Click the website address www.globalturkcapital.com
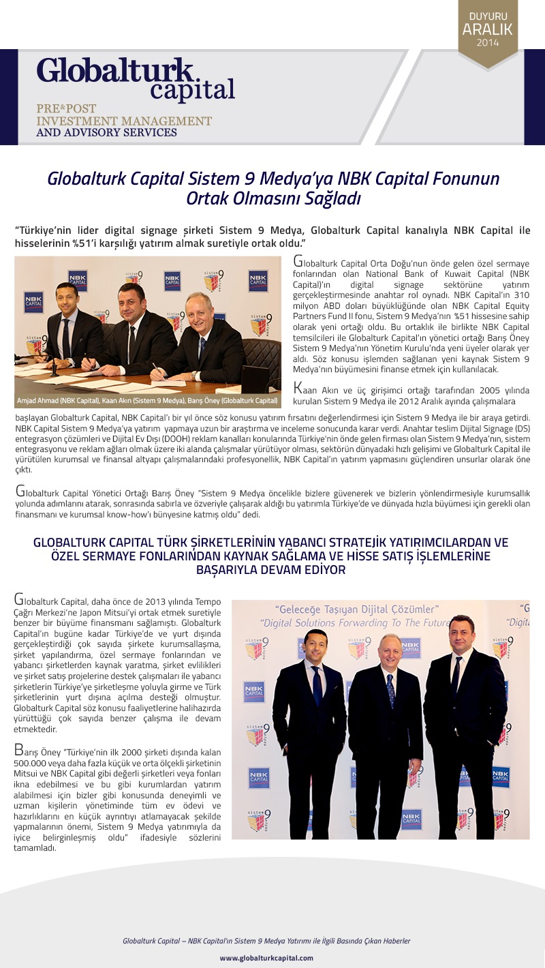click(x=266, y=958)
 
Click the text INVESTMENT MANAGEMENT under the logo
click(x=124, y=121)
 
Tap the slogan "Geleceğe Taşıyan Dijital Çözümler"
click(x=356, y=609)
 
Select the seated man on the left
click(x=68, y=327)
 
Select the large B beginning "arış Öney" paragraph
click(x=19, y=751)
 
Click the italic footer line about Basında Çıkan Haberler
click(x=266, y=941)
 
